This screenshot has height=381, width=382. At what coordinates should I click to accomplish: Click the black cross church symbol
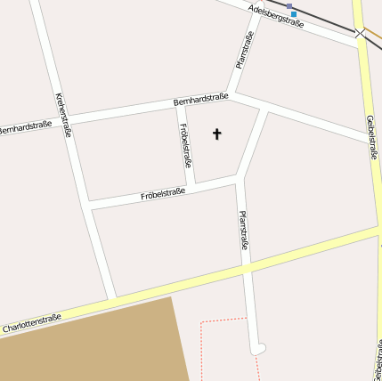pyautogui.click(x=216, y=134)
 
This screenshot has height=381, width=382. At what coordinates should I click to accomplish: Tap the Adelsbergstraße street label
pyautogui.click(x=277, y=15)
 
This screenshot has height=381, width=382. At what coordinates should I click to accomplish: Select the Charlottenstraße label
pyautogui.click(x=32, y=323)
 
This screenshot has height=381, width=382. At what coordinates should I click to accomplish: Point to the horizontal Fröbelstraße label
pyautogui.click(x=163, y=193)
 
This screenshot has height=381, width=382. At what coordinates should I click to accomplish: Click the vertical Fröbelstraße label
pyautogui.click(x=185, y=145)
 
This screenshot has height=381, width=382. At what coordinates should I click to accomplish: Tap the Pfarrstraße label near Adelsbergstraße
pyautogui.click(x=245, y=50)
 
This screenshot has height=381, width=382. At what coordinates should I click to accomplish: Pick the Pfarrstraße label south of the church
pyautogui.click(x=244, y=230)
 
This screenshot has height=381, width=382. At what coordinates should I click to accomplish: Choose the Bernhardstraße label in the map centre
pyautogui.click(x=201, y=100)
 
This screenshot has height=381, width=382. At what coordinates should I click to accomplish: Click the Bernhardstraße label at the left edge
pyautogui.click(x=24, y=127)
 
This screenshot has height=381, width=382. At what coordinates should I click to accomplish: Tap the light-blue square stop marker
pyautogui.click(x=294, y=14)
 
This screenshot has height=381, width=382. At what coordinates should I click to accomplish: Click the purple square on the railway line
pyautogui.click(x=289, y=7)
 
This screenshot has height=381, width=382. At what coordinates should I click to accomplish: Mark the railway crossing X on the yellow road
pyautogui.click(x=359, y=34)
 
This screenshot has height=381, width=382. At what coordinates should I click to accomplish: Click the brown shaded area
pyautogui.click(x=89, y=343)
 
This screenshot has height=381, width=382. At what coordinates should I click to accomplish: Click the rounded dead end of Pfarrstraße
pyautogui.click(x=258, y=347)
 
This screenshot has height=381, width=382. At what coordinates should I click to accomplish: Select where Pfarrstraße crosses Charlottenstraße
pyautogui.click(x=247, y=266)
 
